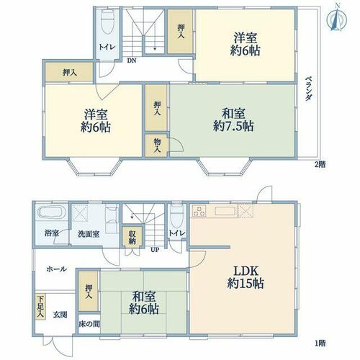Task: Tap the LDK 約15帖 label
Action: pyautogui.click(x=246, y=277)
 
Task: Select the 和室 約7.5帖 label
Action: pyautogui.click(x=233, y=120)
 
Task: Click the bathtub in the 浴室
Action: pyautogui.click(x=51, y=212)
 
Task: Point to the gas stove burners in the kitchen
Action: pyautogui.click(x=199, y=211)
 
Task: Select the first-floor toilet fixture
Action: pyautogui.click(x=176, y=215)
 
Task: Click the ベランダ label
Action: pyautogui.click(x=309, y=89)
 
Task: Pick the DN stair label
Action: pyautogui.click(x=132, y=60)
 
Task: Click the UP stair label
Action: pyautogui.click(x=155, y=250)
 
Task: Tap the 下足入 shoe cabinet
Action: pyautogui.click(x=40, y=307)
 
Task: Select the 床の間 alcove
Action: pyautogui.click(x=89, y=324)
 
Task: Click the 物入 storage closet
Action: pyautogui.click(x=157, y=145)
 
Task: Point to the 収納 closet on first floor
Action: pyautogui.click(x=132, y=237)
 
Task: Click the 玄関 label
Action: pyautogui.click(x=60, y=315)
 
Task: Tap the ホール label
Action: pyautogui.click(x=56, y=269)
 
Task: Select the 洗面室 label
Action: pyautogui.click(x=89, y=234)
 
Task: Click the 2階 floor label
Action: pyautogui.click(x=320, y=164)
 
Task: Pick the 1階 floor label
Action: pyautogui.click(x=320, y=343)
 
